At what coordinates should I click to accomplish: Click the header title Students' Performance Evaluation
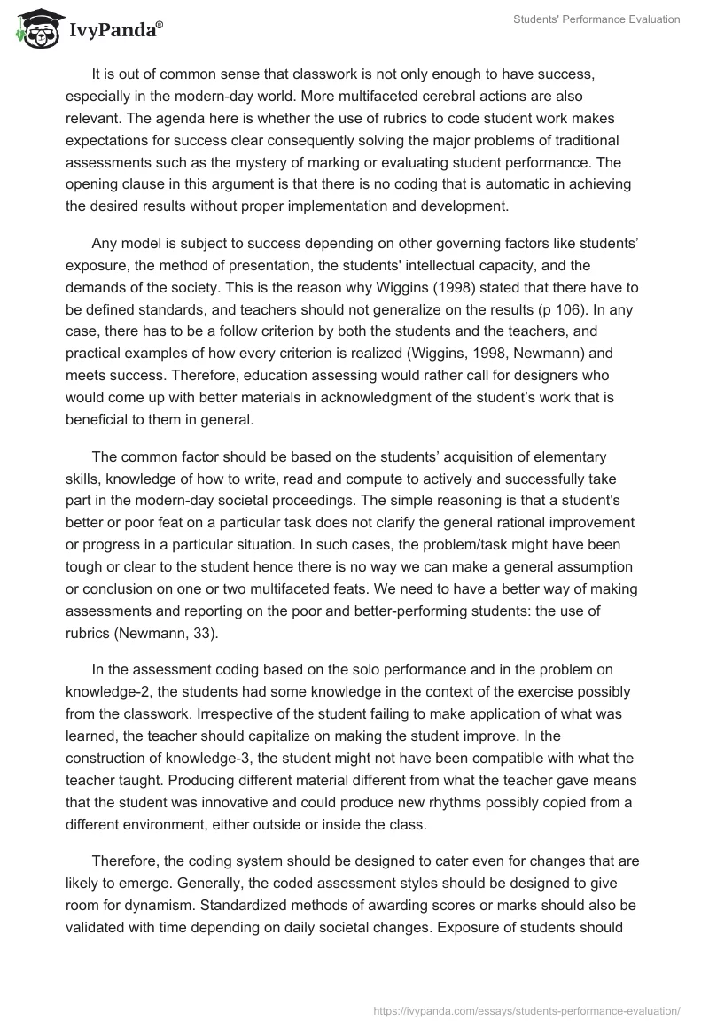(596, 19)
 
